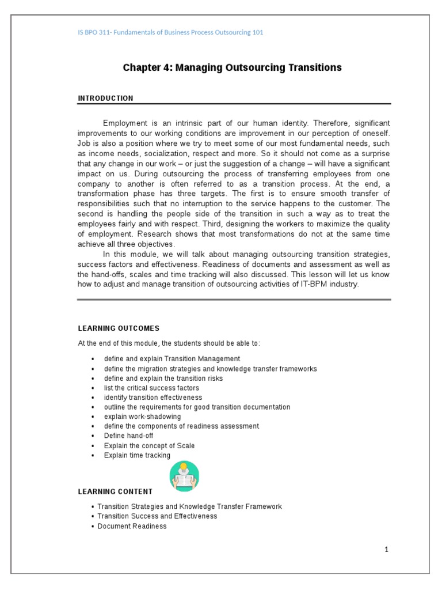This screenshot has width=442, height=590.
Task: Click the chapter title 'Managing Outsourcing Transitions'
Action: pos(232,68)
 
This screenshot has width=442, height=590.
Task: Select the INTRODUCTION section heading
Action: pos(105,99)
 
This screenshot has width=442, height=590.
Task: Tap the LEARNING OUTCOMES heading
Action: pos(119,328)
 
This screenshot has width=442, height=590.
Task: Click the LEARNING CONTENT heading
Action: pos(115,491)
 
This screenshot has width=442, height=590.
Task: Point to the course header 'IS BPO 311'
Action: pos(170,32)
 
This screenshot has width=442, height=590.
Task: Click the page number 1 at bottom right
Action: pos(387,550)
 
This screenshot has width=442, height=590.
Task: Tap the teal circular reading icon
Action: pos(184,476)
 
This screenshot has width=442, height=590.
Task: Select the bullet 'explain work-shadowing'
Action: pos(142,417)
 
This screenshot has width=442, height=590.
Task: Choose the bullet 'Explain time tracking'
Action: pos(137,455)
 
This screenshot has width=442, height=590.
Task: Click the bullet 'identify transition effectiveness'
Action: pos(153,398)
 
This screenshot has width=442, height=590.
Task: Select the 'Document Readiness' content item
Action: pos(132,526)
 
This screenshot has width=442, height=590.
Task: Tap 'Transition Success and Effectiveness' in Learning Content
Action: pos(157,516)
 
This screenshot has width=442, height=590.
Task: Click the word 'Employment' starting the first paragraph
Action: pos(123,123)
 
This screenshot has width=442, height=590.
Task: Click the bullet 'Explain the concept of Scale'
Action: pos(149,445)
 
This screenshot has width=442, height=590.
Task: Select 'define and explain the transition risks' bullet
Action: pos(163,379)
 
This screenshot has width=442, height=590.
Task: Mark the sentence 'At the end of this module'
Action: pos(169,343)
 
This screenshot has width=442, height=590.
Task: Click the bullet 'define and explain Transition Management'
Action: pos(172,359)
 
